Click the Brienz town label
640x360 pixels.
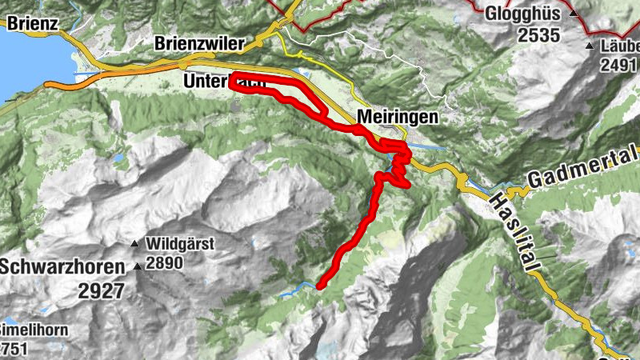pyautogui.click(x=30, y=23)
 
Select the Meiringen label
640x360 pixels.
pyautogui.click(x=398, y=117)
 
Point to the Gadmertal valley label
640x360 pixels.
pyautogui.click(x=582, y=158)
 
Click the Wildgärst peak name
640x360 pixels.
pyautogui.click(x=180, y=243)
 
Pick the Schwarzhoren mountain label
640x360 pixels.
pyautogui.click(x=63, y=267)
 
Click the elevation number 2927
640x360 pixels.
pyautogui.click(x=102, y=290)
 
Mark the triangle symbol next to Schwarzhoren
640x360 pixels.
pyautogui.click(x=138, y=267)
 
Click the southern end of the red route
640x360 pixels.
pyautogui.click(x=320, y=285)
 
